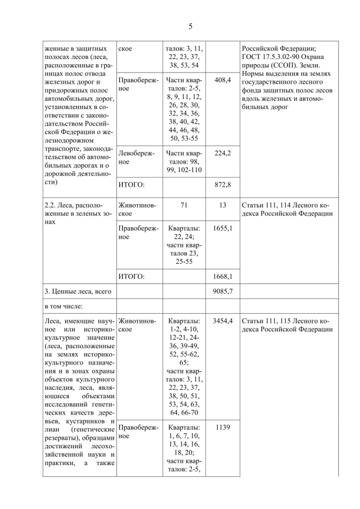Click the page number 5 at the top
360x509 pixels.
coord(190,26)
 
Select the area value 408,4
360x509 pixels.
coord(223,80)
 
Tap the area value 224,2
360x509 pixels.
coord(223,152)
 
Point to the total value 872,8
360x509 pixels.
coord(223,184)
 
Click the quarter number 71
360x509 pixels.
coord(183,205)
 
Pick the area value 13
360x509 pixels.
coord(223,205)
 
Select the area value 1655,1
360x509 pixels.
coord(223,229)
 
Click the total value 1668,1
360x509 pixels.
coord(223,276)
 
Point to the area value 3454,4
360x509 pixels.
coord(223,320)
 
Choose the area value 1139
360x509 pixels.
coord(223,427)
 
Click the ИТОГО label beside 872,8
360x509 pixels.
coord(132,184)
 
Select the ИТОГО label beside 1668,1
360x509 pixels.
coord(132,276)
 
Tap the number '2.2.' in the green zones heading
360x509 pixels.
coord(52,205)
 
